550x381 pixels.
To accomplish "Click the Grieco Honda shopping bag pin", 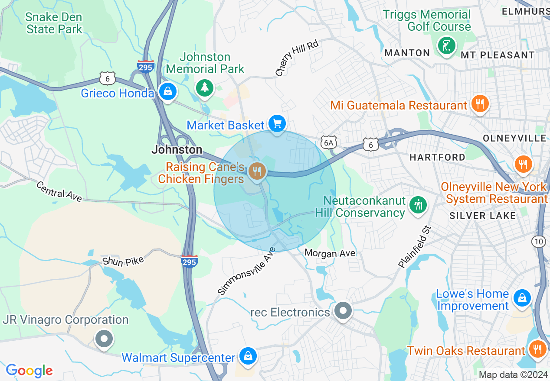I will coord(167,91).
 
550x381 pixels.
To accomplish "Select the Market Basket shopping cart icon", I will coord(277,124).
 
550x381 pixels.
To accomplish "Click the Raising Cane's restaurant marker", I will coord(257,171).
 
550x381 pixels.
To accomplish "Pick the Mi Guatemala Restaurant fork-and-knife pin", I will coord(479,104).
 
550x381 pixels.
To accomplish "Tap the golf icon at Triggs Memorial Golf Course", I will coord(446,45).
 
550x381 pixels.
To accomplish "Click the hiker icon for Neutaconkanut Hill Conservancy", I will coord(418,205).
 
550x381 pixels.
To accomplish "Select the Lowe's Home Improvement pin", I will coord(523,298).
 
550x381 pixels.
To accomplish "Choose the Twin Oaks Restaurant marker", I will coord(537,349).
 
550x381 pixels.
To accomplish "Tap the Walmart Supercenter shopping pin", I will coord(248,356).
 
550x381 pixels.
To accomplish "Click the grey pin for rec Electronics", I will coord(344,310).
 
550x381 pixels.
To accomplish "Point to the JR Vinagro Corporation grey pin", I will coord(104,338).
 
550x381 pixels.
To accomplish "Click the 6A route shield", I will coord(328,142).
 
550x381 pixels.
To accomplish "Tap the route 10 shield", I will coord(539,242).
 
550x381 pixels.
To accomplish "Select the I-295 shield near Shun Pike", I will coord(190,261).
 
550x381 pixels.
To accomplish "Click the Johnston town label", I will coord(177,150).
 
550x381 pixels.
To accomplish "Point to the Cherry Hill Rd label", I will coord(297,58).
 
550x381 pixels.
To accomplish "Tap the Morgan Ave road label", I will coord(330,253).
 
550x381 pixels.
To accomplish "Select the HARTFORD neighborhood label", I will coord(437,157).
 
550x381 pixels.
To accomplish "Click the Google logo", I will coord(29,371).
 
